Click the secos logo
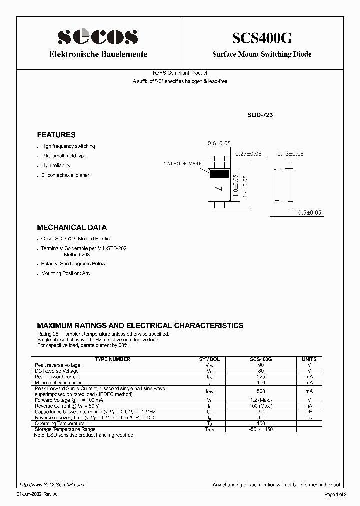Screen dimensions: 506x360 [97, 37]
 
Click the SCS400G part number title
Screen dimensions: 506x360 [261, 38]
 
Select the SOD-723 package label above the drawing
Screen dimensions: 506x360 [260, 115]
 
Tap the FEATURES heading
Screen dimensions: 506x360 [56, 135]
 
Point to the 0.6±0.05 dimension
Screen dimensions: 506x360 [219, 144]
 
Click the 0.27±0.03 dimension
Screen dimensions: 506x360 [248, 154]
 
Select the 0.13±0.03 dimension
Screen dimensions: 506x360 [290, 154]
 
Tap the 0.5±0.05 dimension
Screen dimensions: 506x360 [310, 213]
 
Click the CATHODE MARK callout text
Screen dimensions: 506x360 [182, 164]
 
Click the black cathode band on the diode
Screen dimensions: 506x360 [219, 174]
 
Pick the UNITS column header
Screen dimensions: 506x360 [309, 359]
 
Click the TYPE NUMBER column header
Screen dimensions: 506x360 [113, 359]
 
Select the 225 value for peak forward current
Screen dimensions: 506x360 [260, 377]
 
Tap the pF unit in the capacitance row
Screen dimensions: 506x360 [309, 412]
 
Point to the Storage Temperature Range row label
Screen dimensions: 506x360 [65, 429]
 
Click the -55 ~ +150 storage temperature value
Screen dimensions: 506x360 [260, 429]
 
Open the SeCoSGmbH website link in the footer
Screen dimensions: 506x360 [52, 485]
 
